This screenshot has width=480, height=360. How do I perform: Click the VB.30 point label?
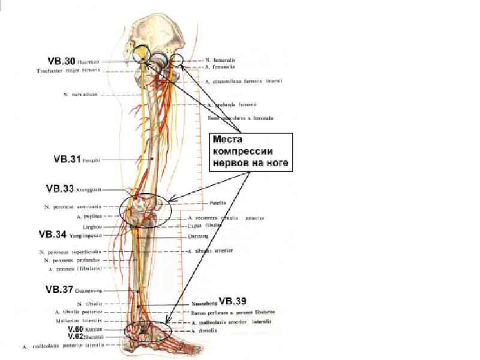62,61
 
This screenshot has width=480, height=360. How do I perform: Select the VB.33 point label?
61,188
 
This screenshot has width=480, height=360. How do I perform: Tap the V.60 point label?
74,329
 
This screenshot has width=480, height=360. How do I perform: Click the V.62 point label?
74,337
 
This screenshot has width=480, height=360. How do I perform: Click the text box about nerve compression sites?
249,151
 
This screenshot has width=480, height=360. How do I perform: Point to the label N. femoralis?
220,61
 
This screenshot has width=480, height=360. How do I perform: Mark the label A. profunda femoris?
231,104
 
